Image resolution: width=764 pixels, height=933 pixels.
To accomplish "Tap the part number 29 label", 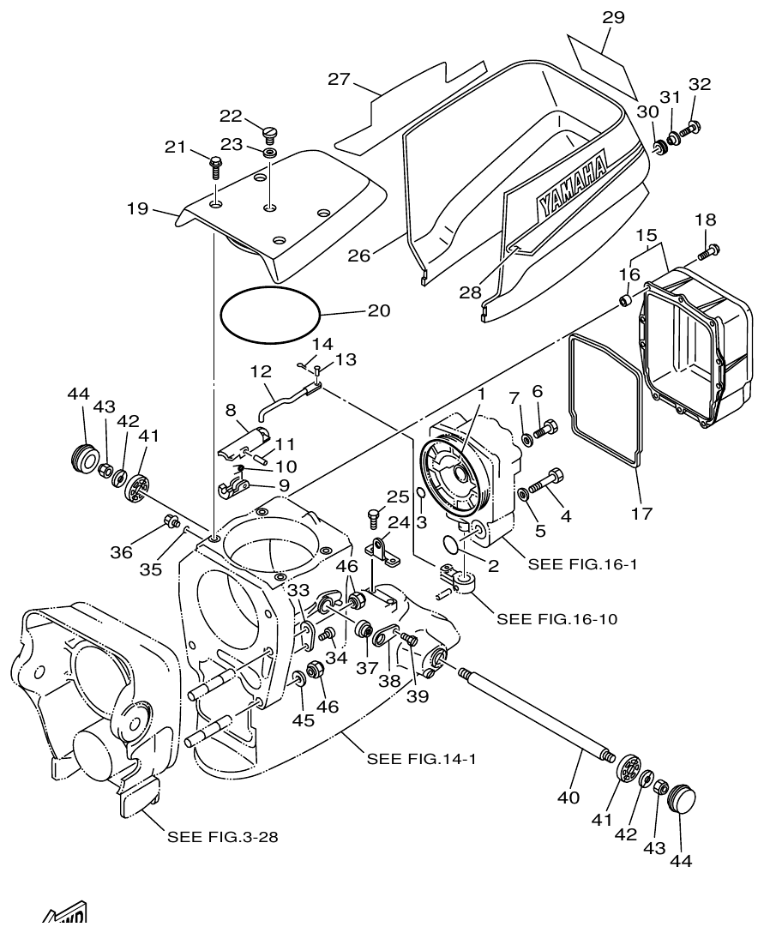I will click(x=613, y=17).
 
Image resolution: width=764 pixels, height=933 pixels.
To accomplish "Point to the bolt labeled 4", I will click(x=545, y=482).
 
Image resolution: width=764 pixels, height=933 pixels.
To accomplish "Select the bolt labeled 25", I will click(x=373, y=517).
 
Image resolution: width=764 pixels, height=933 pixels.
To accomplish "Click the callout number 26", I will click(x=360, y=256).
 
